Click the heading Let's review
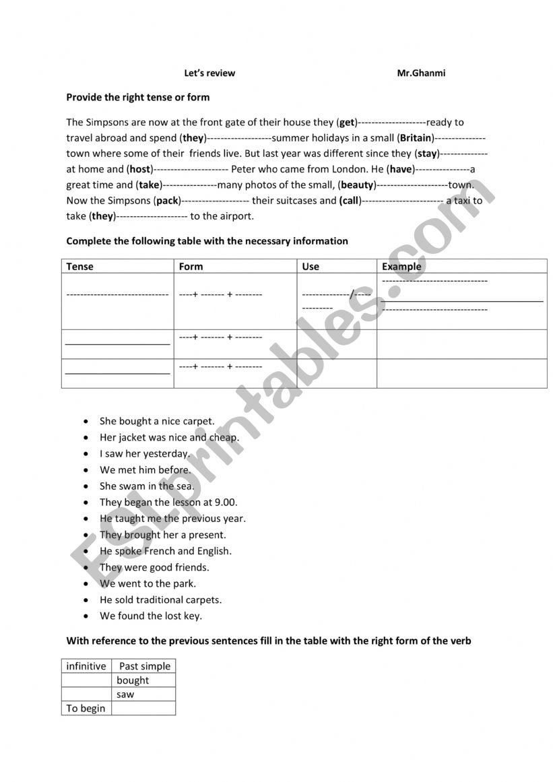(x=209, y=73)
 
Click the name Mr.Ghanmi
(x=421, y=73)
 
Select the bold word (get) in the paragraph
(x=346, y=123)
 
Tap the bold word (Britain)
(x=416, y=138)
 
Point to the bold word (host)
(x=140, y=169)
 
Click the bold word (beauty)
(x=357, y=185)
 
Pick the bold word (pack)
(x=167, y=201)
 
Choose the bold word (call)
(x=350, y=201)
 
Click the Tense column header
(x=80, y=266)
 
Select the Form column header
(x=191, y=266)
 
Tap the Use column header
(x=311, y=266)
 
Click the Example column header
(x=401, y=266)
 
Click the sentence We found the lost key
(x=151, y=616)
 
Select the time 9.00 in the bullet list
(x=227, y=502)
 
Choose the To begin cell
(x=86, y=709)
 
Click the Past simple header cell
(x=145, y=666)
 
